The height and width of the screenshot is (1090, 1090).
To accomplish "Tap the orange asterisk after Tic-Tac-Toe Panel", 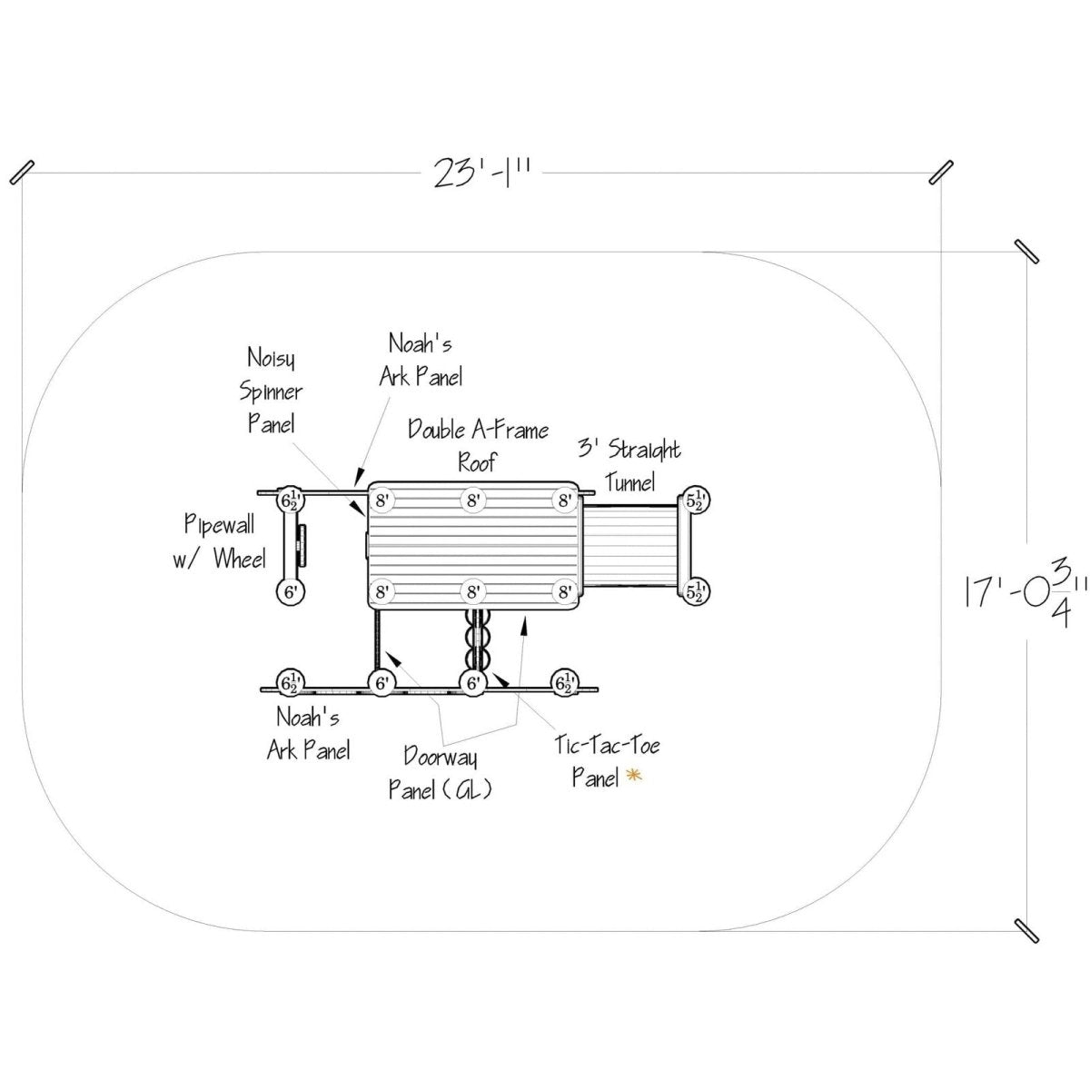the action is (634, 777).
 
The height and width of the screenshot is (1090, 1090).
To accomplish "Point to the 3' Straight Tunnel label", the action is (629, 467).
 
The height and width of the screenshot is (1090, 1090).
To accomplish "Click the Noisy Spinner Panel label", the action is (271, 391).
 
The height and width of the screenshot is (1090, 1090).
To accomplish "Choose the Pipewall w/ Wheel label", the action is (220, 541).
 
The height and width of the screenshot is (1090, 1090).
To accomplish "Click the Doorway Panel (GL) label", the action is (440, 773).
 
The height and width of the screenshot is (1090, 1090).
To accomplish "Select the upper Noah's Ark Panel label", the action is (421, 361).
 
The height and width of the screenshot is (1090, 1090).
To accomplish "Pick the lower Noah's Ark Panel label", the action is (308, 734).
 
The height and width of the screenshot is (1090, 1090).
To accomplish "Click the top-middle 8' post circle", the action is (473, 500).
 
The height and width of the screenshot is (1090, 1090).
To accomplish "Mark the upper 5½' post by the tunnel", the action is (696, 500).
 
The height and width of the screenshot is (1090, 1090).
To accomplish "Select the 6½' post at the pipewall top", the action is (290, 500).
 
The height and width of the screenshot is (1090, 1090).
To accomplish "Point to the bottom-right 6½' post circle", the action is (564, 683).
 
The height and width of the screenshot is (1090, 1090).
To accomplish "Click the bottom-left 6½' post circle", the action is (290, 683).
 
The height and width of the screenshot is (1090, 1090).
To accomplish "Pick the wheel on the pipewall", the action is (302, 546).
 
